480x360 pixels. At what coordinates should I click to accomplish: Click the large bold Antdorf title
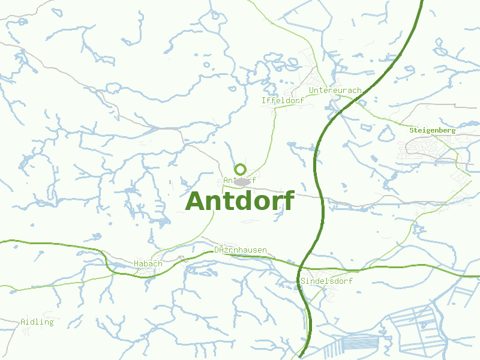point(241,202)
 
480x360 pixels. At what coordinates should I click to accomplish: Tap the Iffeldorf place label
point(283,100)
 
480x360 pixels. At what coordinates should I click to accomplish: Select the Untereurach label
point(335,91)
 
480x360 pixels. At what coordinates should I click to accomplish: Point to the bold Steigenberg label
point(432,130)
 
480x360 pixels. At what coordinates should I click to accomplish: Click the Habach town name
point(148,263)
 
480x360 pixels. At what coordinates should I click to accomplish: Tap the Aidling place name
point(37,322)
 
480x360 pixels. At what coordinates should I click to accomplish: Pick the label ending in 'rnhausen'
point(241,250)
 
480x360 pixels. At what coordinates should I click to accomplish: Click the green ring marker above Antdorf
point(241,169)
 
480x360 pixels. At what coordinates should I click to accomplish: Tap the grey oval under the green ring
point(242,181)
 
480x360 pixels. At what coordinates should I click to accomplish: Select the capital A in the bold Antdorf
point(197,202)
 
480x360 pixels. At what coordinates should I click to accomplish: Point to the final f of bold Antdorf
point(289,200)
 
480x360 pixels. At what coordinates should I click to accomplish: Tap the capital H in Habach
point(136,263)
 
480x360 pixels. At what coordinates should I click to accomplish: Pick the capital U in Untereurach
point(311,91)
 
